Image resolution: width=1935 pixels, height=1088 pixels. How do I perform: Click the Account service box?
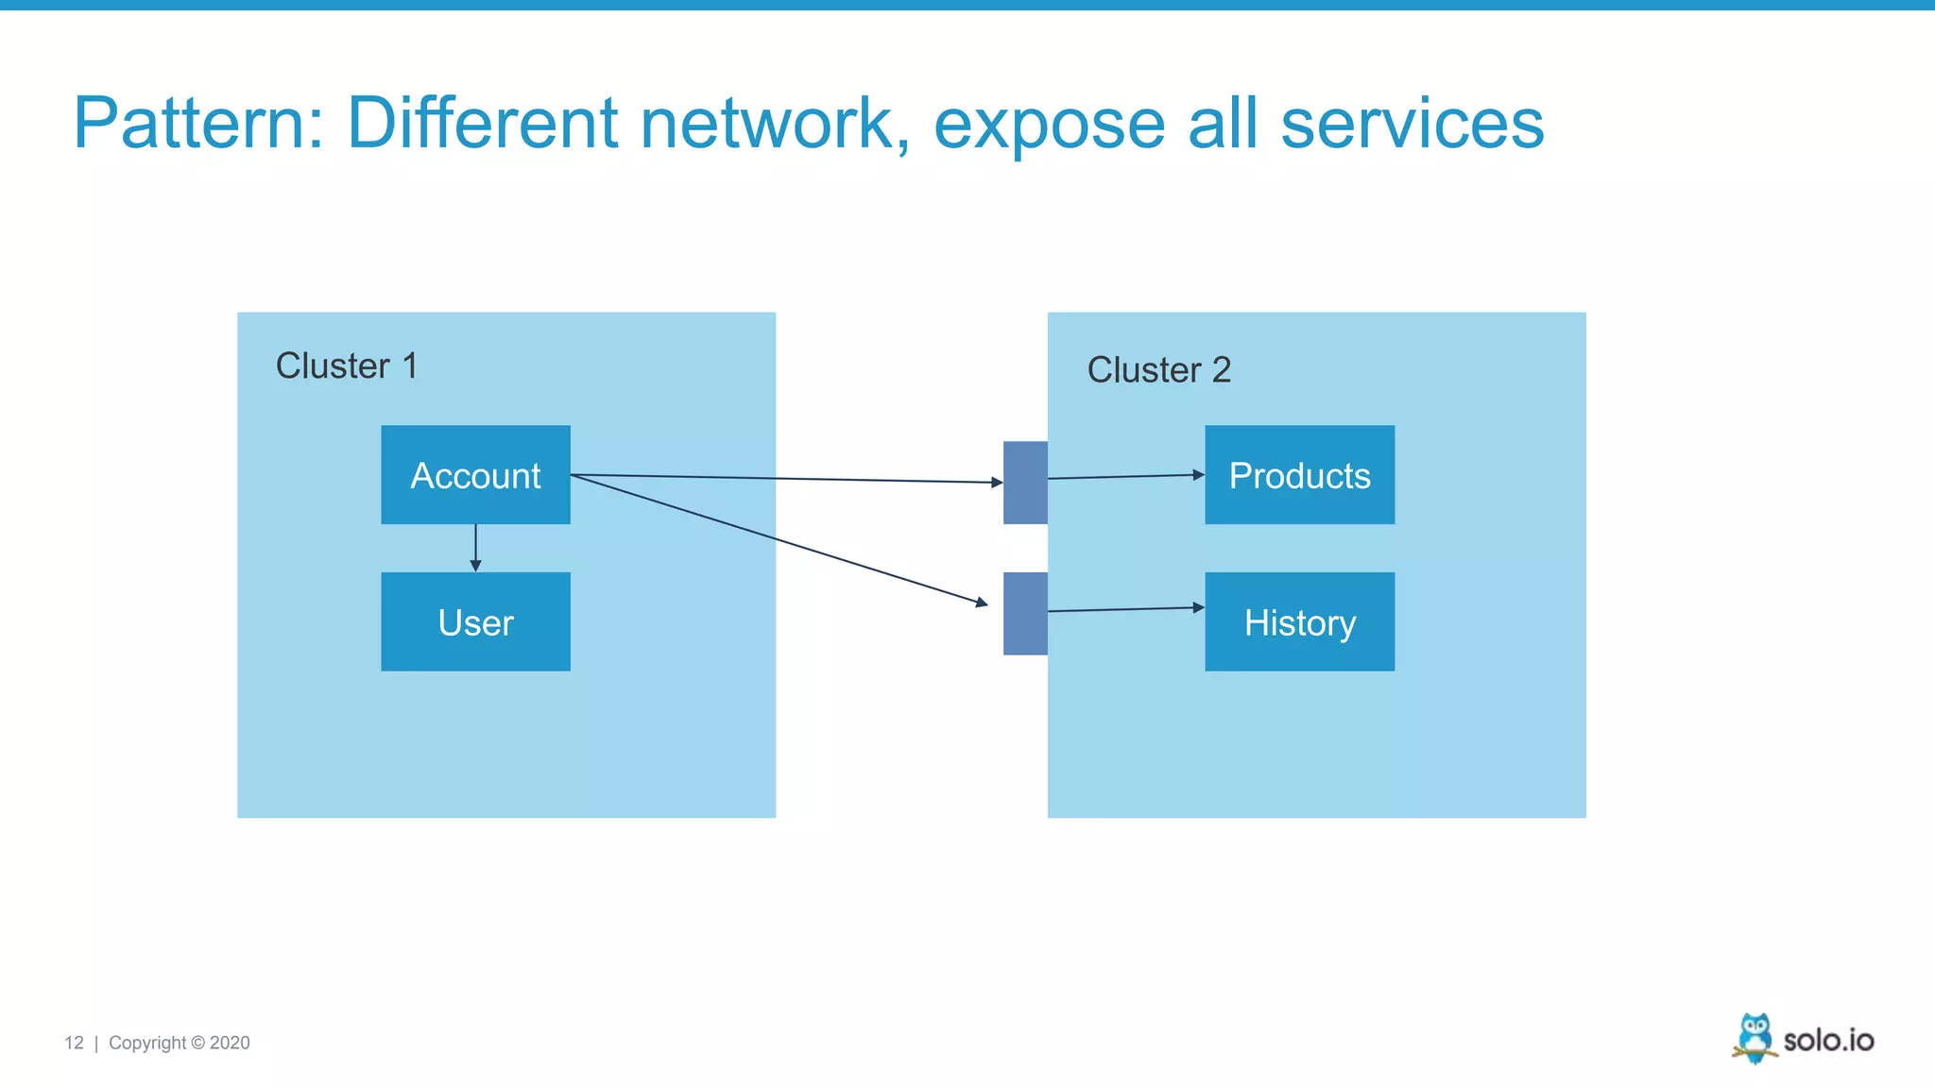pos(475,475)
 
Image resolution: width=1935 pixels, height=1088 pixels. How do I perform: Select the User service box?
pos(475,621)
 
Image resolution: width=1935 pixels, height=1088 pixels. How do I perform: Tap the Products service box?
pos(1299,475)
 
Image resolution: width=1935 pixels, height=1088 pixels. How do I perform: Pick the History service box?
pos(1299,621)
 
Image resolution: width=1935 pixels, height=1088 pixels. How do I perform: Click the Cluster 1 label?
pos(346,365)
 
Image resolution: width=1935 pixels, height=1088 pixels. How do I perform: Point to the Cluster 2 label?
pos(1158,369)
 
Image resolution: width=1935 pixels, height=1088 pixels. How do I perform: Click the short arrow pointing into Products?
pos(1124,476)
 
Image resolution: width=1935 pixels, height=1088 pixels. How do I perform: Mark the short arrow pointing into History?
pos(1124,609)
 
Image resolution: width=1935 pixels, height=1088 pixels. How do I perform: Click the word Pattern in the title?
pos(198,124)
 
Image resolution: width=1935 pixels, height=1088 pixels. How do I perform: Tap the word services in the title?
pos(1412,124)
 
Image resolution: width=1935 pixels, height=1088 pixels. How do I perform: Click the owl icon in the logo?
pos(1755,1038)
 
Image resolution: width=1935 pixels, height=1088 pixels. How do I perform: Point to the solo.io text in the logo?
pos(1828,1040)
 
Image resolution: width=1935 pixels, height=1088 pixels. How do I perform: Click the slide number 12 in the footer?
pos(74,1043)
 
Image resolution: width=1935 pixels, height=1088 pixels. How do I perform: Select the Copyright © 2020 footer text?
pos(180,1043)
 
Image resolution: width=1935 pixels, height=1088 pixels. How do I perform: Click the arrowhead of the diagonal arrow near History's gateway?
pos(983,602)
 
